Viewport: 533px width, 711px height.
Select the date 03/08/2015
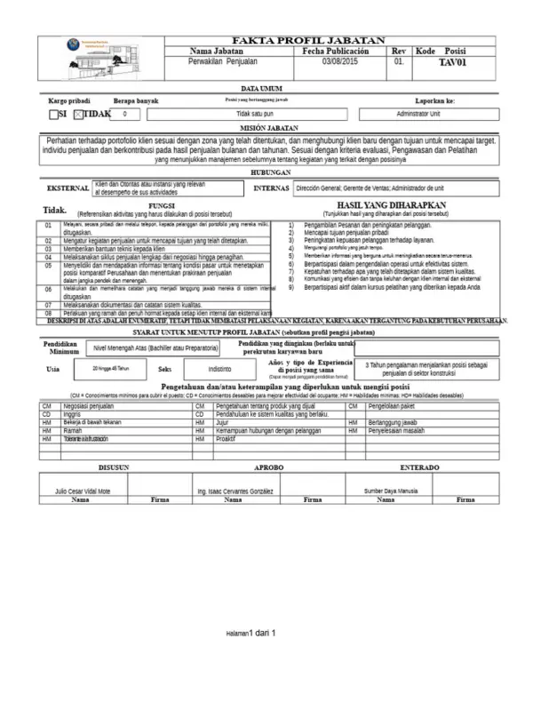tap(339, 62)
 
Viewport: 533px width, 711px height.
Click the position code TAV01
tap(452, 63)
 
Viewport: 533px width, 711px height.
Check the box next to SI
tap(52, 115)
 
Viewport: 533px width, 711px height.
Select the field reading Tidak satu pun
tap(253, 115)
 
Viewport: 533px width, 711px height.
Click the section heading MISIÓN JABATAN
tap(266, 129)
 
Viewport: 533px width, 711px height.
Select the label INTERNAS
tap(271, 188)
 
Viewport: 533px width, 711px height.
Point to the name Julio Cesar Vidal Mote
tap(83, 491)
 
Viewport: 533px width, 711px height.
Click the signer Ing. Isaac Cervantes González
tap(235, 491)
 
